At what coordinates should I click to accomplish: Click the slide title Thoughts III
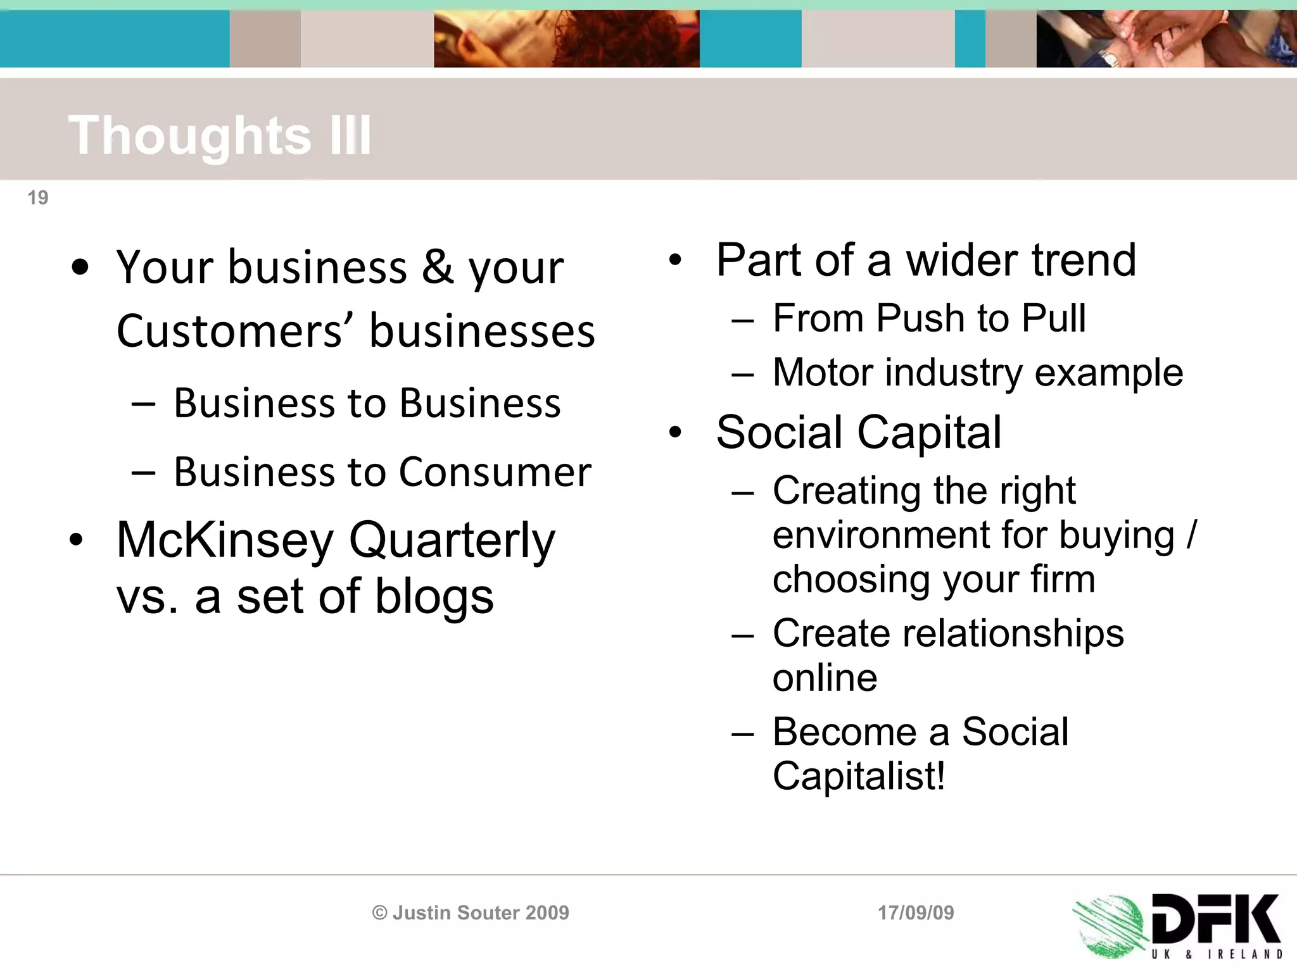pos(220,135)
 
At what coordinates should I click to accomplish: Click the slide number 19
pos(38,198)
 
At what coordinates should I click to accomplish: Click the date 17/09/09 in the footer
pos(915,913)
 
